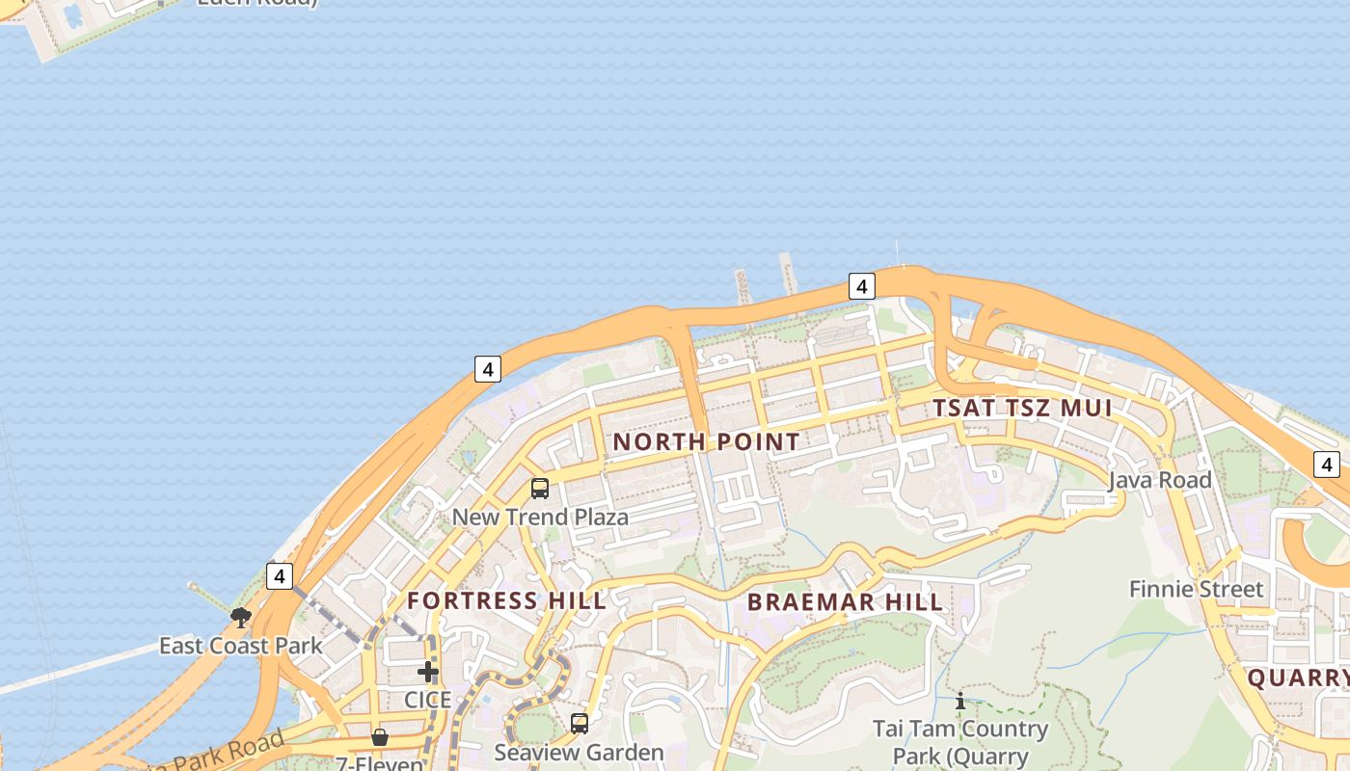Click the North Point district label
706,442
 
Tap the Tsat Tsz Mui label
1022,408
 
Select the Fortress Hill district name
506,600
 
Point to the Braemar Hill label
845,603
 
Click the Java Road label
1159,480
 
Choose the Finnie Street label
1196,589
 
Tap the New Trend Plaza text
540,517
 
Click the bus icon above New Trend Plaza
540,489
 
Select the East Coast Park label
240,646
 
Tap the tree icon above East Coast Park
241,617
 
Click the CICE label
427,700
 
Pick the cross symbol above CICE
428,672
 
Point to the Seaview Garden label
579,752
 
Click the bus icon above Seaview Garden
580,723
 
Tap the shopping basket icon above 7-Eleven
380,737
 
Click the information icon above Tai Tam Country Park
959,702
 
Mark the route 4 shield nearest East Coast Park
280,576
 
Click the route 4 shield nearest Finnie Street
1327,465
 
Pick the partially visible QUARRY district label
1298,678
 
